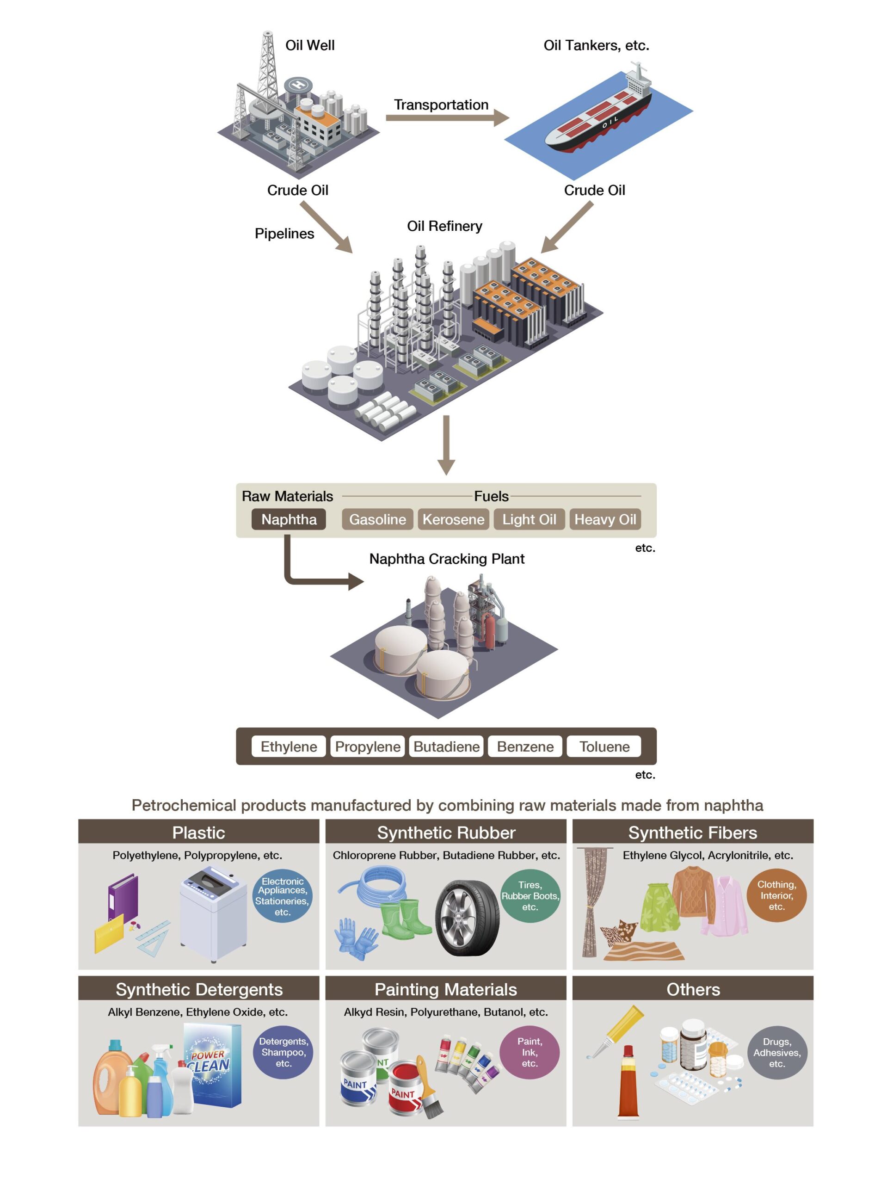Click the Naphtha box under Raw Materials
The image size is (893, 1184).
(289, 519)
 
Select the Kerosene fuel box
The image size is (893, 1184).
(453, 519)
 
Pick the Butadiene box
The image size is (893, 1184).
(446, 746)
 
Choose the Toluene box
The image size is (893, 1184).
(604, 746)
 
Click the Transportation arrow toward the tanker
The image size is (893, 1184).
(447, 118)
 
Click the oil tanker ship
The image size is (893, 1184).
(599, 115)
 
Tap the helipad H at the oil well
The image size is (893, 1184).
(298, 85)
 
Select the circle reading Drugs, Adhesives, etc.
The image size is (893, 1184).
(776, 1052)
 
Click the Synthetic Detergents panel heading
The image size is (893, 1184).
(198, 989)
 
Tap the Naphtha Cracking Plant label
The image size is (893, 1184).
(447, 559)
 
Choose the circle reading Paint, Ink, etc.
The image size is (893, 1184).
(529, 1052)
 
